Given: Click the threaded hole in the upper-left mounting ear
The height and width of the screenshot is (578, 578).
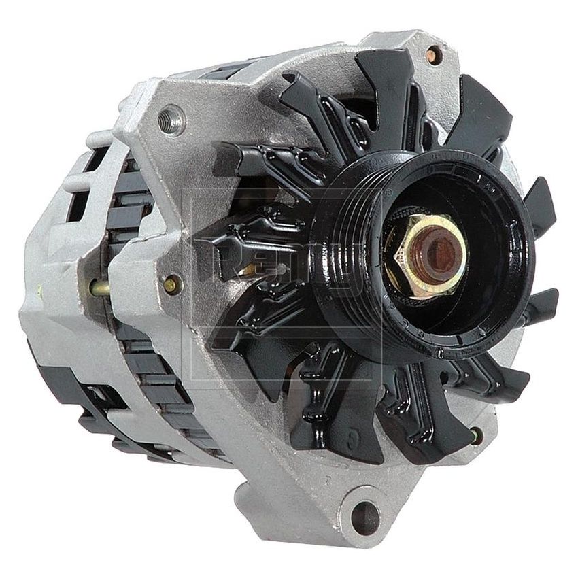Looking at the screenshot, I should pos(171,121).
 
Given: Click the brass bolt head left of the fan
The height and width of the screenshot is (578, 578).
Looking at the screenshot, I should pos(172,284).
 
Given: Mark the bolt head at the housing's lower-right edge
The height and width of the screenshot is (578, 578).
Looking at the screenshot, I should pos(477,433).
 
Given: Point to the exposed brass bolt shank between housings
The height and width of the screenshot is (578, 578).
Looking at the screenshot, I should pos(100,288).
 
